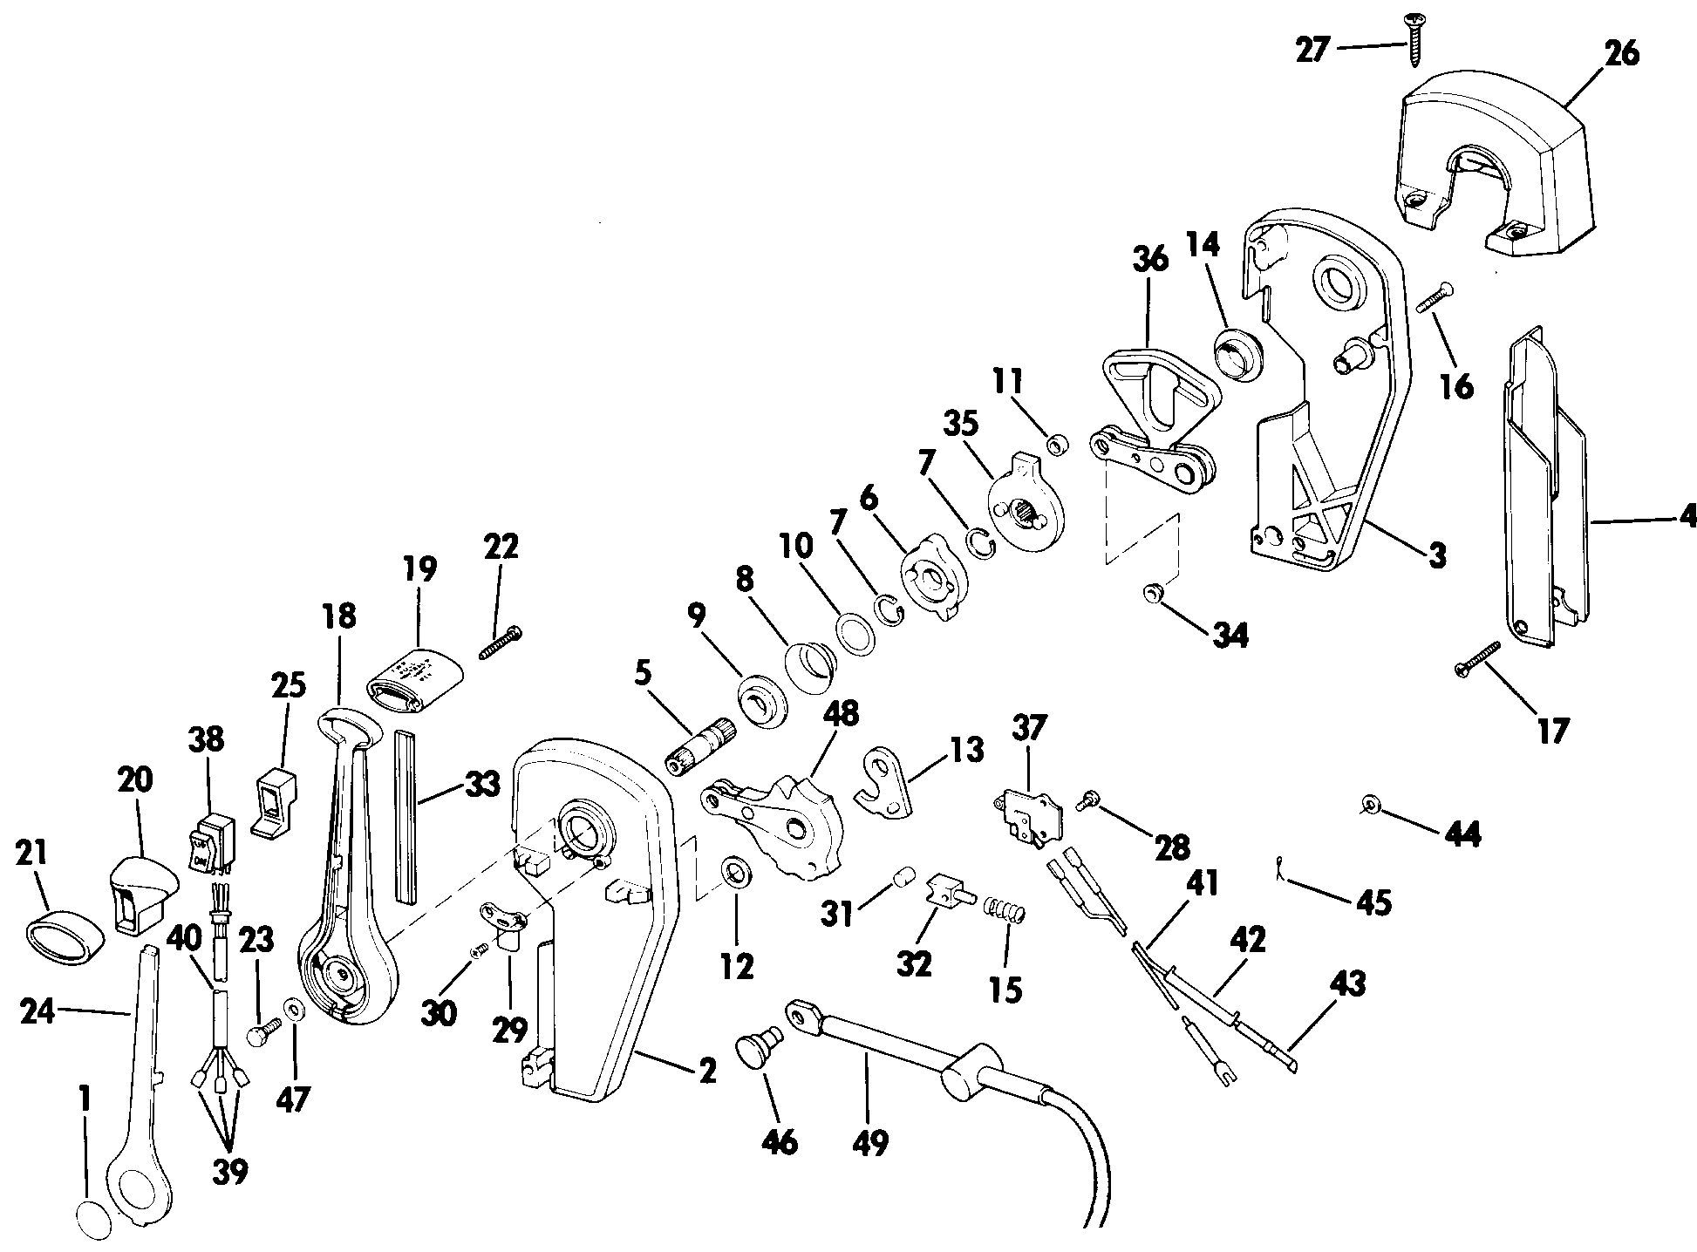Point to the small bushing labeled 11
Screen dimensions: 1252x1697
(1056, 446)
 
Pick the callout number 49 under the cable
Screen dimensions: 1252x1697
(869, 1141)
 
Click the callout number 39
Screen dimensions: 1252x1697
(230, 1171)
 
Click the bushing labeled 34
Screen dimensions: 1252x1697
(1153, 595)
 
